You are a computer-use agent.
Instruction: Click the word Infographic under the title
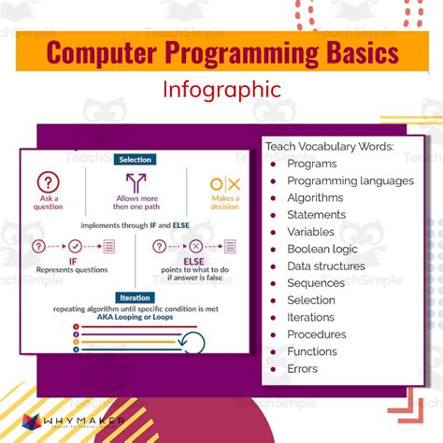pos(221,91)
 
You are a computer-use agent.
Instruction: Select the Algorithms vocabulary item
pos(315,197)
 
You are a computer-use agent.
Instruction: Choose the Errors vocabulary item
pos(303,368)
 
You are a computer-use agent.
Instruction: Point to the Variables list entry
pos(310,232)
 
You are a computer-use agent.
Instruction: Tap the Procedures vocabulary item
pos(317,334)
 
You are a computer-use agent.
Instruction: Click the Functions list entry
pos(312,351)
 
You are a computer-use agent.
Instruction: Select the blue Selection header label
pos(135,160)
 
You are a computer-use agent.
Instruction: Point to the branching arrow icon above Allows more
pos(136,183)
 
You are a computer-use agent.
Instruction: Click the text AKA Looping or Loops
pos(135,316)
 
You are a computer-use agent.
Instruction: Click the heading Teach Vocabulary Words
pos(330,146)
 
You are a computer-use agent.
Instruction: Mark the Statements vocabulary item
pos(316,214)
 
